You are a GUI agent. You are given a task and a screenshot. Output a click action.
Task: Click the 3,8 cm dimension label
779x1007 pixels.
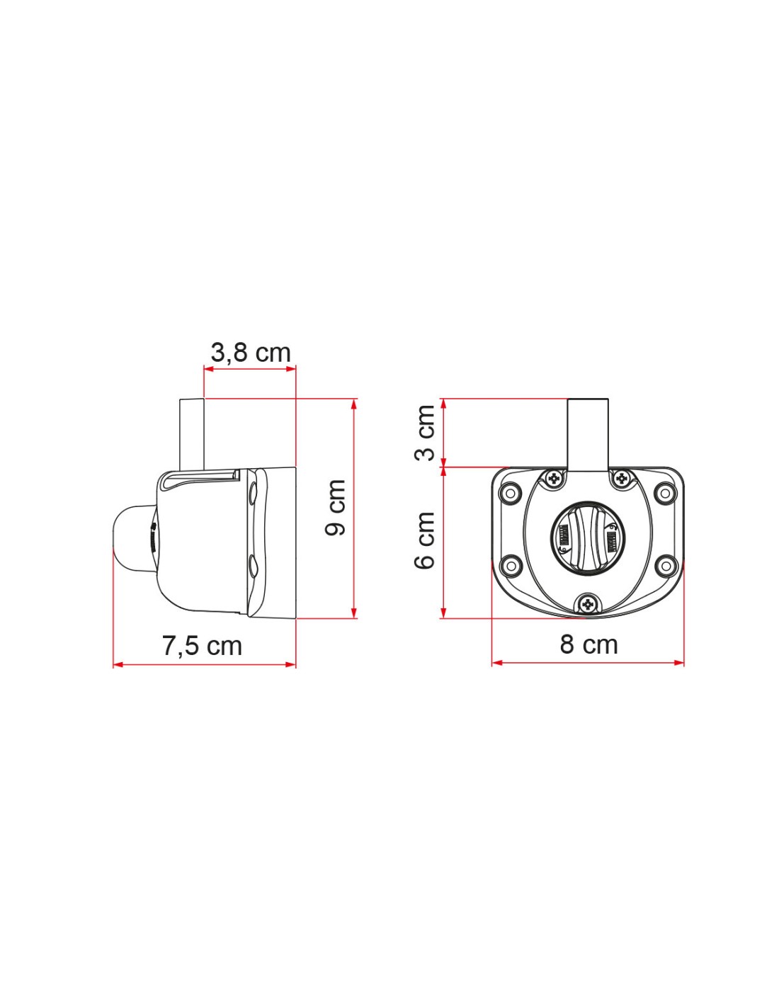[251, 353]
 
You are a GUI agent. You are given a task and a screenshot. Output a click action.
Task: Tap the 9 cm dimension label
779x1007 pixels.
[336, 508]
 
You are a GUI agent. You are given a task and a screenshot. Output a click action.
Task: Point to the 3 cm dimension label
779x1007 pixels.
[424, 433]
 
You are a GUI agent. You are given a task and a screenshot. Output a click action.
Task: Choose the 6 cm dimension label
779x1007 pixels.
[424, 540]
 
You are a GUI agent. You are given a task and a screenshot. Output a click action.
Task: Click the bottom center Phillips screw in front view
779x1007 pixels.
[588, 604]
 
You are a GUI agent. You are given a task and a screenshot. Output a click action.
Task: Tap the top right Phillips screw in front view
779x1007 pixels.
[622, 478]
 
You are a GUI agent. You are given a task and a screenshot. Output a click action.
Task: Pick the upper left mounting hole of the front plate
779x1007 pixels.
[510, 492]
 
